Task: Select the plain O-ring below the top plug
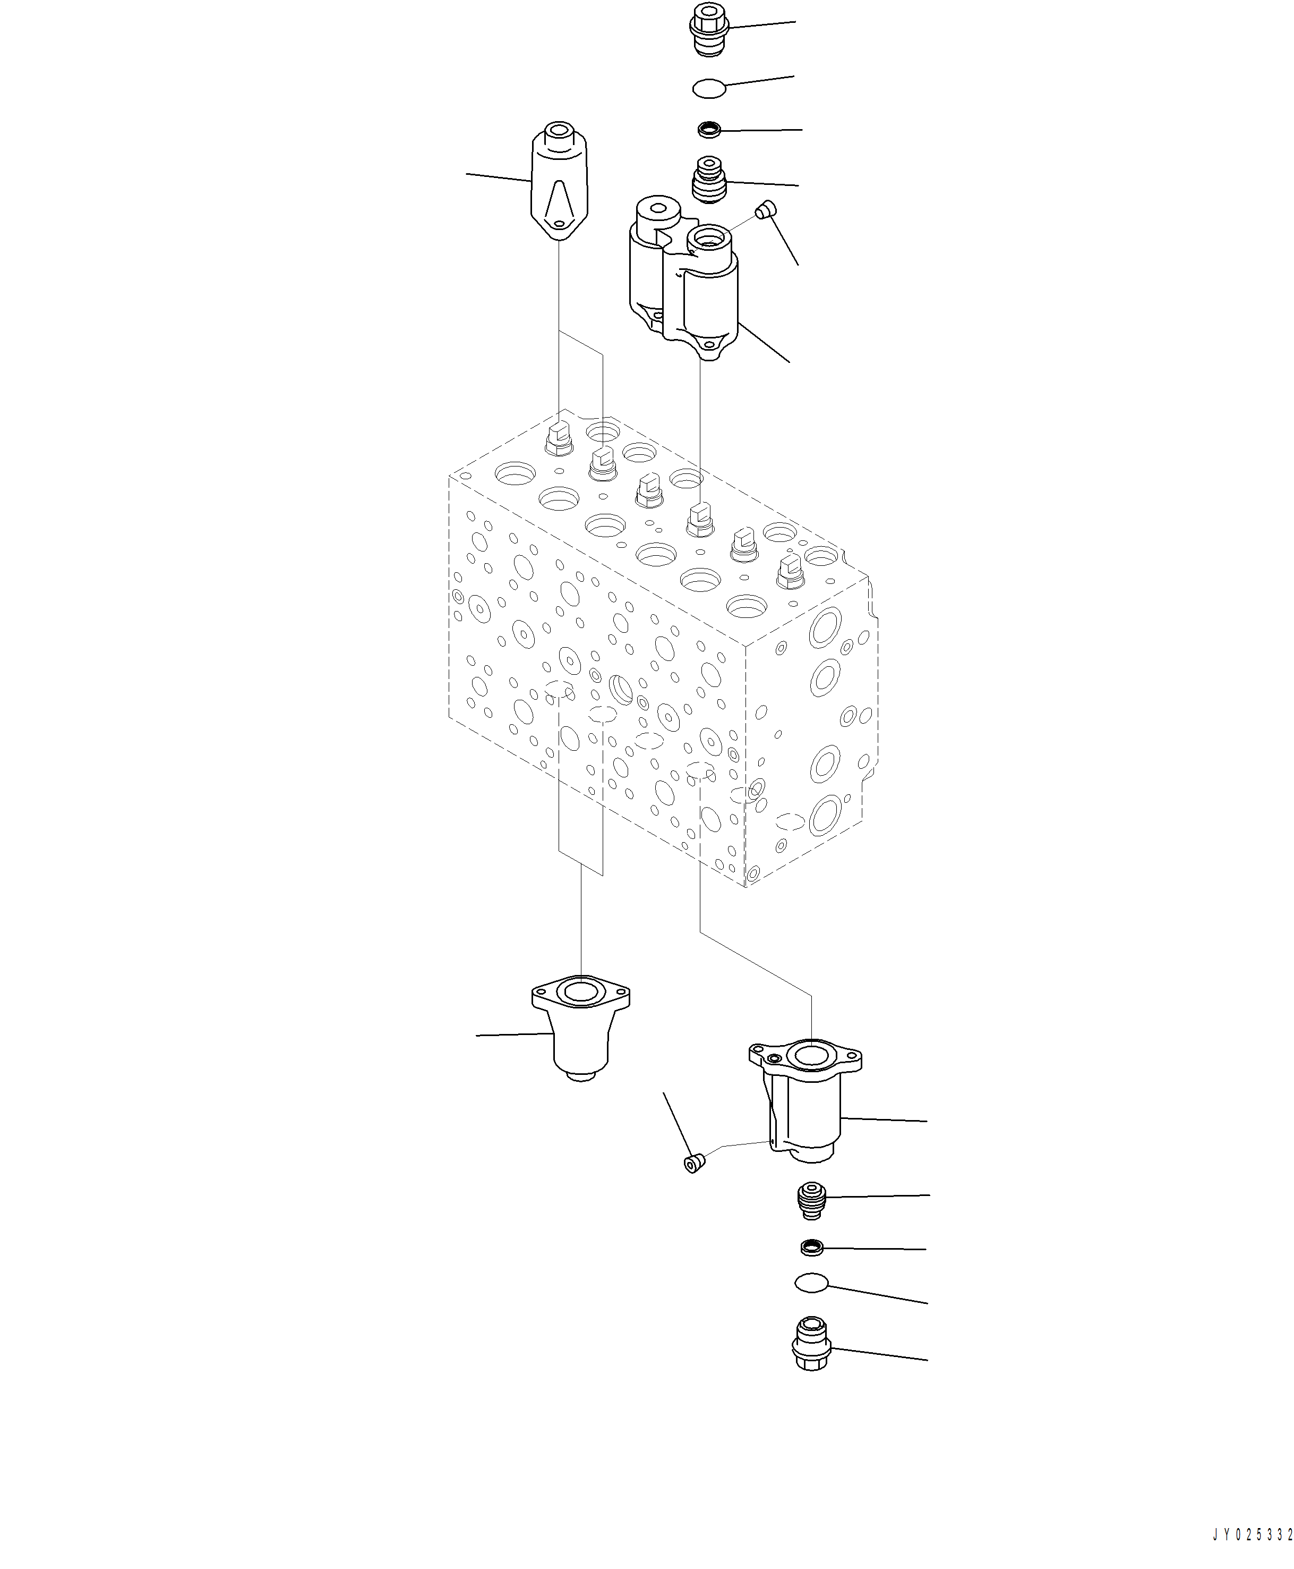709,89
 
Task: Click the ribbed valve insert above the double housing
709,179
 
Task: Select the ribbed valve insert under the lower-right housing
811,1200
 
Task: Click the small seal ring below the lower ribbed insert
811,1247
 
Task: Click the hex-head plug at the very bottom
811,1344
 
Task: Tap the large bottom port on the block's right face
826,815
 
